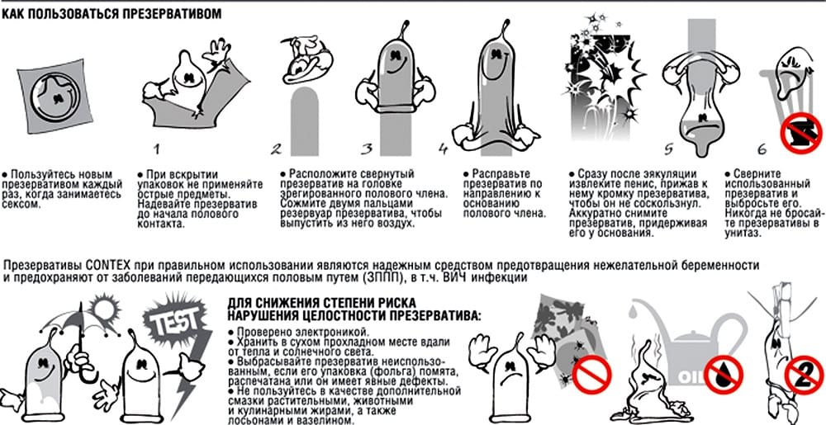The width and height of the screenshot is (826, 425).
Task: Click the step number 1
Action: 156,149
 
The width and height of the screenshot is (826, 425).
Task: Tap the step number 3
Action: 367,149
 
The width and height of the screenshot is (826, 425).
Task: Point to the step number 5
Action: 668,149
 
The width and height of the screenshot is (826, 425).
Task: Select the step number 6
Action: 762,149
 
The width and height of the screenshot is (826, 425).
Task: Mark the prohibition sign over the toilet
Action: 801,132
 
